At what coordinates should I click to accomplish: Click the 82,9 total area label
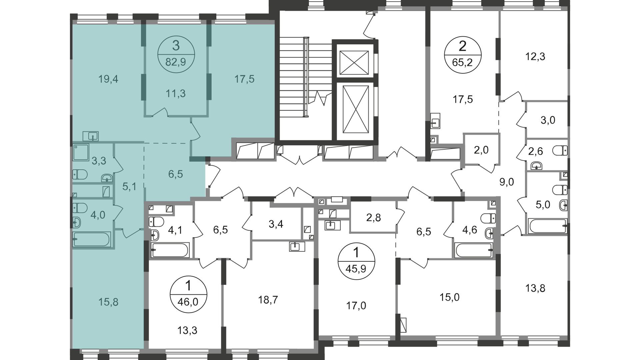pyautogui.click(x=176, y=62)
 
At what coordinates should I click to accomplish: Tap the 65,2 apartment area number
pyautogui.click(x=463, y=62)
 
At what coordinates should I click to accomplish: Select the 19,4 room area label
pyautogui.click(x=108, y=79)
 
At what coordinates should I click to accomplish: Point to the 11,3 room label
pyautogui.click(x=176, y=94)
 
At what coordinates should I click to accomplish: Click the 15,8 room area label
pyautogui.click(x=109, y=302)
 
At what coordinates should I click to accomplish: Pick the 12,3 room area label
pyautogui.click(x=535, y=56)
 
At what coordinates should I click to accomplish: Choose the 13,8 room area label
pyautogui.click(x=535, y=288)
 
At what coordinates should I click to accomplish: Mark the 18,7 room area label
pyautogui.click(x=268, y=300)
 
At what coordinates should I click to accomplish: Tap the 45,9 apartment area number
pyautogui.click(x=356, y=269)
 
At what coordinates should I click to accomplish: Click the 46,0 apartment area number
pyautogui.click(x=189, y=302)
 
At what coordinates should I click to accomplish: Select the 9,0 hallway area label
pyautogui.click(x=507, y=182)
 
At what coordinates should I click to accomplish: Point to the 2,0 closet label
pyautogui.click(x=481, y=150)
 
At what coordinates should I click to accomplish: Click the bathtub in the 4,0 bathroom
pyautogui.click(x=92, y=239)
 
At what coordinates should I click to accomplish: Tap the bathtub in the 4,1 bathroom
pyautogui.click(x=170, y=250)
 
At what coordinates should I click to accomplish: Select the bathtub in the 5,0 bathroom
pyautogui.click(x=547, y=226)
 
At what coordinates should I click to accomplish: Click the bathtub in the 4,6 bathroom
pyautogui.click(x=474, y=250)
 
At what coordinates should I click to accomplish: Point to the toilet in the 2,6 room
pyautogui.click(x=560, y=151)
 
